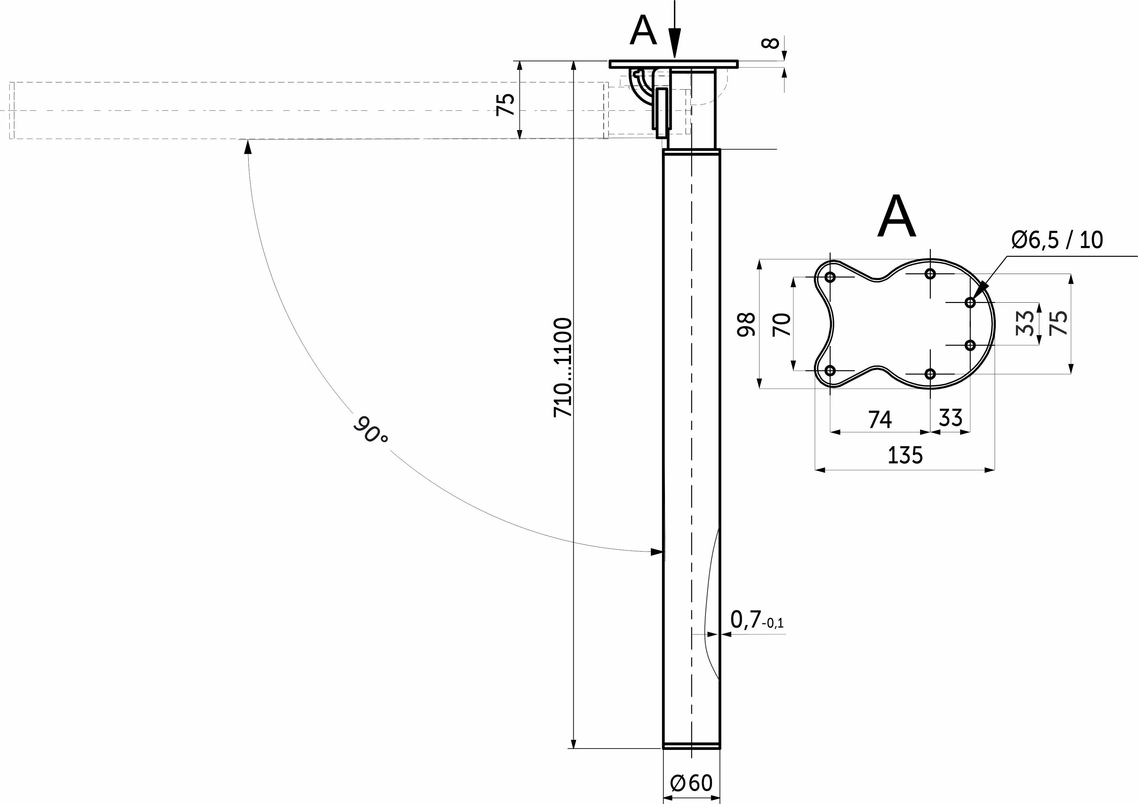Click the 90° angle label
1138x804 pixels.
tap(370, 429)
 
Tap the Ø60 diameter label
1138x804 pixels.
tap(691, 783)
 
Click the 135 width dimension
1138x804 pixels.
tap(905, 455)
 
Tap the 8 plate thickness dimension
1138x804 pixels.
tap(770, 44)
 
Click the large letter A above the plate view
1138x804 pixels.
tap(897, 217)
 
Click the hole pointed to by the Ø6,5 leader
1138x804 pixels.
tap(970, 302)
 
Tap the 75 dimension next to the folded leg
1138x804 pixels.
tap(506, 104)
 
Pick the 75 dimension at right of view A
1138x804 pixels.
tap(1059, 323)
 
